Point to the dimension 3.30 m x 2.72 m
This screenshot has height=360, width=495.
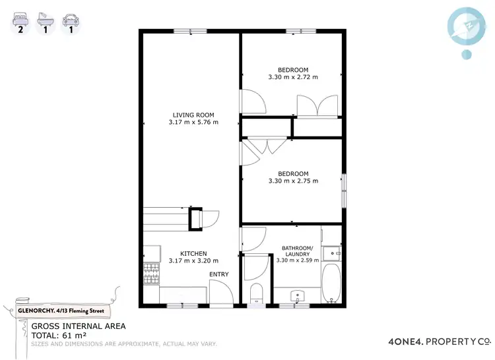click(293, 77)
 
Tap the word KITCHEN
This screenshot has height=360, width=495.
click(193, 253)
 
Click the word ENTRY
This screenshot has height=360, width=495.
click(219, 274)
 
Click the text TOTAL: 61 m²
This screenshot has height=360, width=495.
click(61, 335)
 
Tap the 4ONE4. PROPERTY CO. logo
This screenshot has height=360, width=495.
click(439, 342)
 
